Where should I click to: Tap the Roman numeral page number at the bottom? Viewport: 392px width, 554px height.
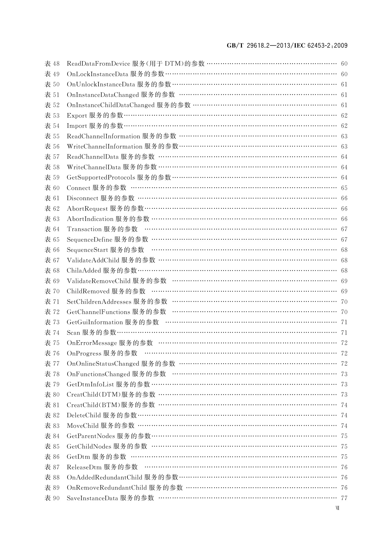tap(337, 508)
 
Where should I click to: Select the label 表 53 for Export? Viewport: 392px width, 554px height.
tap(52, 115)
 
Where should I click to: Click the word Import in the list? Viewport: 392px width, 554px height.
tap(77, 126)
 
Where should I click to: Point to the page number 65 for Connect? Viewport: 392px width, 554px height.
tap(344, 188)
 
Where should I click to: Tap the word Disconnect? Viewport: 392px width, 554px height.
tap(82, 198)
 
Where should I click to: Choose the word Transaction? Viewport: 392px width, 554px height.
tap(84, 229)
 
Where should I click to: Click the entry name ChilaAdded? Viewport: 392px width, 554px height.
tap(84, 270)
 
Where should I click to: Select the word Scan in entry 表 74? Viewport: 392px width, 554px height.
tap(73, 333)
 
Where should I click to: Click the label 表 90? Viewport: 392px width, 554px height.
tap(52, 498)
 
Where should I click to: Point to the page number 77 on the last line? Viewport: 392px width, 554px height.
tap(344, 498)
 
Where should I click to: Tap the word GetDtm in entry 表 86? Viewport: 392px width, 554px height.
tap(78, 457)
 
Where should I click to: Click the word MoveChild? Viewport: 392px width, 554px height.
tap(83, 426)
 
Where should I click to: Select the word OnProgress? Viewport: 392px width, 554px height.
tap(84, 353)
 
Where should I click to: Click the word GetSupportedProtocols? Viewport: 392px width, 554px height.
tap(101, 177)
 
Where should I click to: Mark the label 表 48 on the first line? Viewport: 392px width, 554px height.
tap(52, 63)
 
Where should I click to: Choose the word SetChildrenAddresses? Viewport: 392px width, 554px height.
tap(99, 302)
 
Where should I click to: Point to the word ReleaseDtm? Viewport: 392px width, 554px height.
tap(84, 467)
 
